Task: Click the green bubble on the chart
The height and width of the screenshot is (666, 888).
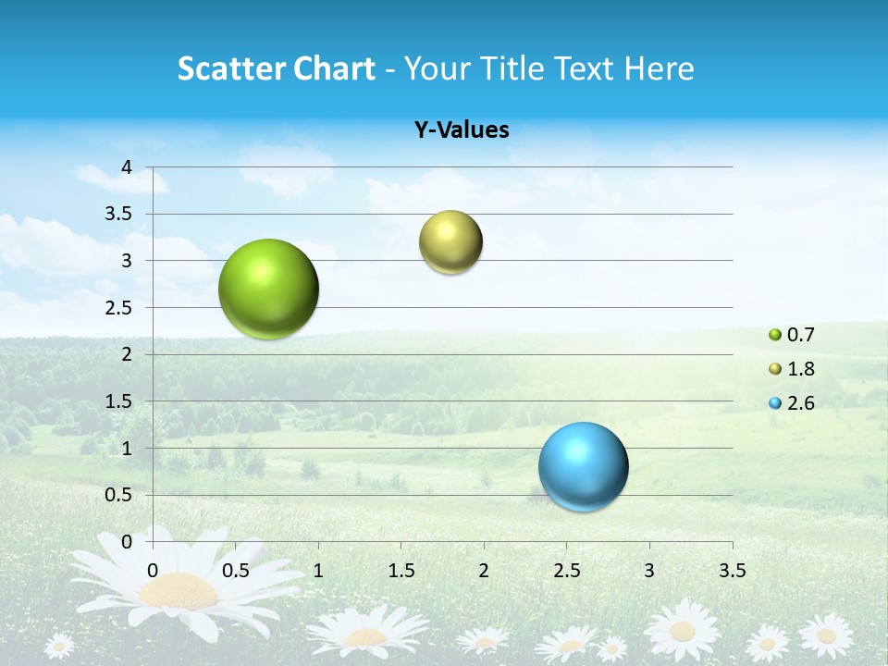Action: tap(269, 289)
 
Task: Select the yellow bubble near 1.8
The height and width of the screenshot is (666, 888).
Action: tap(450, 242)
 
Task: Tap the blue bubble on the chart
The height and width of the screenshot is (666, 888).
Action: tap(584, 466)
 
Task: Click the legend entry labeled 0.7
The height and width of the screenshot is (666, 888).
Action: tap(792, 335)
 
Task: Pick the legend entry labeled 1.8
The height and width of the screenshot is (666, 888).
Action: tap(792, 369)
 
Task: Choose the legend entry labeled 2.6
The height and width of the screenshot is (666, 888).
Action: tap(792, 402)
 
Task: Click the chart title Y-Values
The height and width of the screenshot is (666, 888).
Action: tap(461, 130)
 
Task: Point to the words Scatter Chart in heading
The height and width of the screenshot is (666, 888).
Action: tap(276, 68)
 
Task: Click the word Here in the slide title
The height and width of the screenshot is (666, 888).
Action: tap(659, 68)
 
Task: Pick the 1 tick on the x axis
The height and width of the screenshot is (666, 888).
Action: tap(318, 570)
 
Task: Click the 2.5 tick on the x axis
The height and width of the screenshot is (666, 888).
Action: tap(566, 570)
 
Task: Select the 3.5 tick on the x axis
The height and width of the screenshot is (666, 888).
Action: tap(732, 570)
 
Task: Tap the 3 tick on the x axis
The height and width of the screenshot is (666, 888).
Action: tap(649, 570)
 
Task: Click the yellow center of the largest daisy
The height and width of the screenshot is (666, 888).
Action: tap(180, 589)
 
